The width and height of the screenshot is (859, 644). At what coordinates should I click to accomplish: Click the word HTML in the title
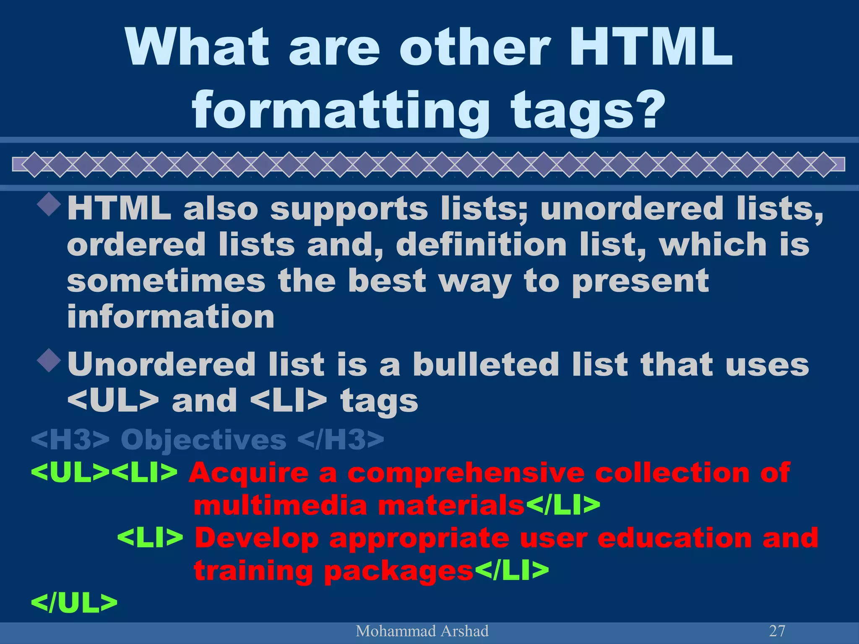pyautogui.click(x=650, y=47)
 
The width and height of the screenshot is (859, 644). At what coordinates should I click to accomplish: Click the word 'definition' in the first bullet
pyautogui.click(x=481, y=245)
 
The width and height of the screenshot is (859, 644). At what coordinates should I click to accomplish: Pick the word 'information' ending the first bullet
pyautogui.click(x=171, y=317)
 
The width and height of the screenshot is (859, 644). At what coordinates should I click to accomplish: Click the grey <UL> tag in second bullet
pyautogui.click(x=113, y=401)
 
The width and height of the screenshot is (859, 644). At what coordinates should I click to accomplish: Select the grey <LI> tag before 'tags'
pyautogui.click(x=288, y=401)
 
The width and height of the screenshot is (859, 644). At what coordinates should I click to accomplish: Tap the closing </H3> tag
pyautogui.click(x=341, y=440)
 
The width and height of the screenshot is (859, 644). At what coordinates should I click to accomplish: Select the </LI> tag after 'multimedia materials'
pyautogui.click(x=562, y=505)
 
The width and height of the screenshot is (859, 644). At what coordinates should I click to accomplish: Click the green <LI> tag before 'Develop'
pyautogui.click(x=150, y=538)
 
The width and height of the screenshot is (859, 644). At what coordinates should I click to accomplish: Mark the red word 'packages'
pyautogui.click(x=398, y=571)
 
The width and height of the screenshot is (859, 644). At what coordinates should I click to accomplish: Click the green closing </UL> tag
pyautogui.click(x=74, y=603)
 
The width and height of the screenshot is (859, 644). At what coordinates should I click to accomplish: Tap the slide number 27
pyautogui.click(x=777, y=631)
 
